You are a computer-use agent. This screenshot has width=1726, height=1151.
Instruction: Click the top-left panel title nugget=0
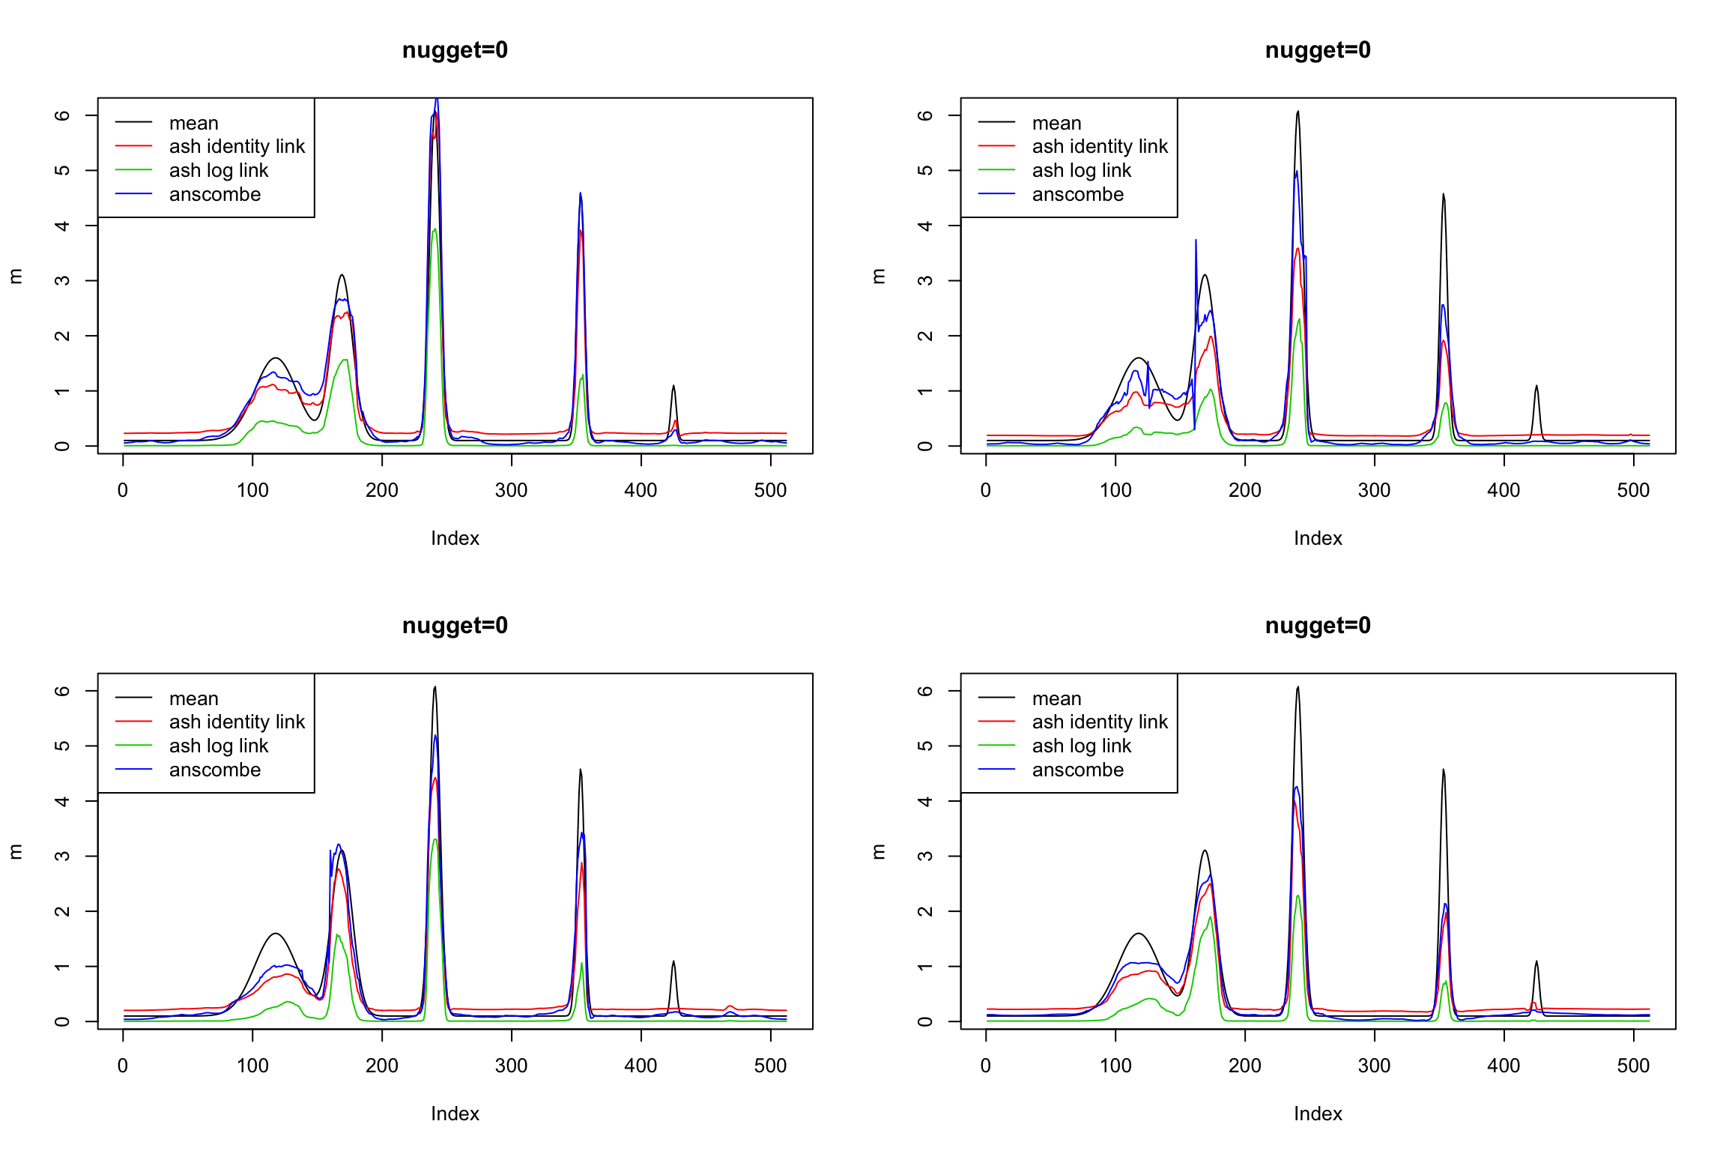(x=455, y=50)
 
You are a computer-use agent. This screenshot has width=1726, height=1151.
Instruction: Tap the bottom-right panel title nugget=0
(x=1318, y=626)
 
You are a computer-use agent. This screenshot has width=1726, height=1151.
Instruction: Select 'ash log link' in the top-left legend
(x=219, y=171)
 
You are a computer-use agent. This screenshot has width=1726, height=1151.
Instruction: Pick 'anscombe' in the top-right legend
(x=1077, y=195)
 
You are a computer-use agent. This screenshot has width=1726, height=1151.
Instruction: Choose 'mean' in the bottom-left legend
(x=193, y=698)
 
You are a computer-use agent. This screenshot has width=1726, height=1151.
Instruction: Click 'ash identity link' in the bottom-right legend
(x=1100, y=722)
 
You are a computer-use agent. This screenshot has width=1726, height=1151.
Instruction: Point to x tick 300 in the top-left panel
(x=512, y=491)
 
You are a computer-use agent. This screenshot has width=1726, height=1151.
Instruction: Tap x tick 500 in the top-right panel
(x=1633, y=491)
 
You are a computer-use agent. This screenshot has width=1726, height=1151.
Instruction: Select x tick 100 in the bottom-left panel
(x=252, y=1066)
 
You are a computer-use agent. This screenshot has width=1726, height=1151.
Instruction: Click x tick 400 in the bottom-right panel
(x=1504, y=1066)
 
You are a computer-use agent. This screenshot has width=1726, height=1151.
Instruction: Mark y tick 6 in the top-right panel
(x=925, y=115)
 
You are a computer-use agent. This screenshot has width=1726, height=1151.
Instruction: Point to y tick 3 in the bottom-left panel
(x=62, y=856)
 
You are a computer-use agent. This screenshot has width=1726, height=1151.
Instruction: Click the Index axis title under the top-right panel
(x=1318, y=538)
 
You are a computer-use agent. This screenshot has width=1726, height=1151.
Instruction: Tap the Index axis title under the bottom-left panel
(x=455, y=1114)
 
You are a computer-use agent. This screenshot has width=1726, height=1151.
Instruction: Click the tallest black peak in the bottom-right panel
(x=1297, y=688)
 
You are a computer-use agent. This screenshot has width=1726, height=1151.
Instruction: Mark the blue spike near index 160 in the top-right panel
(x=1196, y=241)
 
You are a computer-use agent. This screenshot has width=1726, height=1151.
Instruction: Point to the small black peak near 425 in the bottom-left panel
(x=673, y=962)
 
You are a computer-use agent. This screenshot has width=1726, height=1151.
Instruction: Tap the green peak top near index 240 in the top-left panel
(x=434, y=230)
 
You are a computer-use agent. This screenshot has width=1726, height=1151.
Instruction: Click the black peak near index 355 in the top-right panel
(x=1444, y=196)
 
